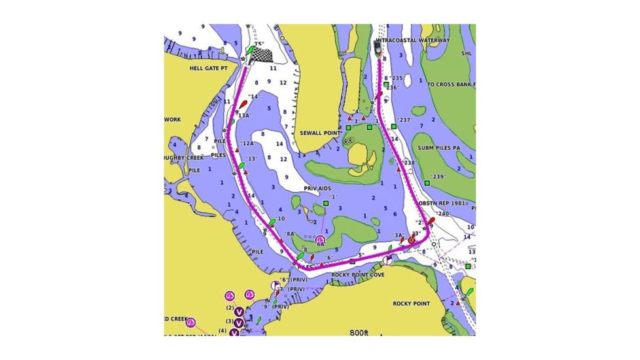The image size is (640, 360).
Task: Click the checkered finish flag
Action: tap(261, 55)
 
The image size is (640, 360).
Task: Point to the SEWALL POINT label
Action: tap(321, 133)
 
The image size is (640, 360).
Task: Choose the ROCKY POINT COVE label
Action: tap(358, 275)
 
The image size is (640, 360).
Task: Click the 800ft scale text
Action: tap(360, 333)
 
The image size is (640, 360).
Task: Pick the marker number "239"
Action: tap(438, 177)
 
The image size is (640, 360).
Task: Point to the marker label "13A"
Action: tap(244, 115)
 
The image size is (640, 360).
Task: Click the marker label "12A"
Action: tap(247, 143)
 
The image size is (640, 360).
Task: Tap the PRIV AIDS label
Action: tap(317, 188)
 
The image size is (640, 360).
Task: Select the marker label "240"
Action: tap(444, 214)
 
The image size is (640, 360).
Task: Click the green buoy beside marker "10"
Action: tap(272, 223)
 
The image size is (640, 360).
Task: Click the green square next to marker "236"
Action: tap(386, 85)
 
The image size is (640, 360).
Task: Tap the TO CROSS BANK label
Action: tap(451, 85)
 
